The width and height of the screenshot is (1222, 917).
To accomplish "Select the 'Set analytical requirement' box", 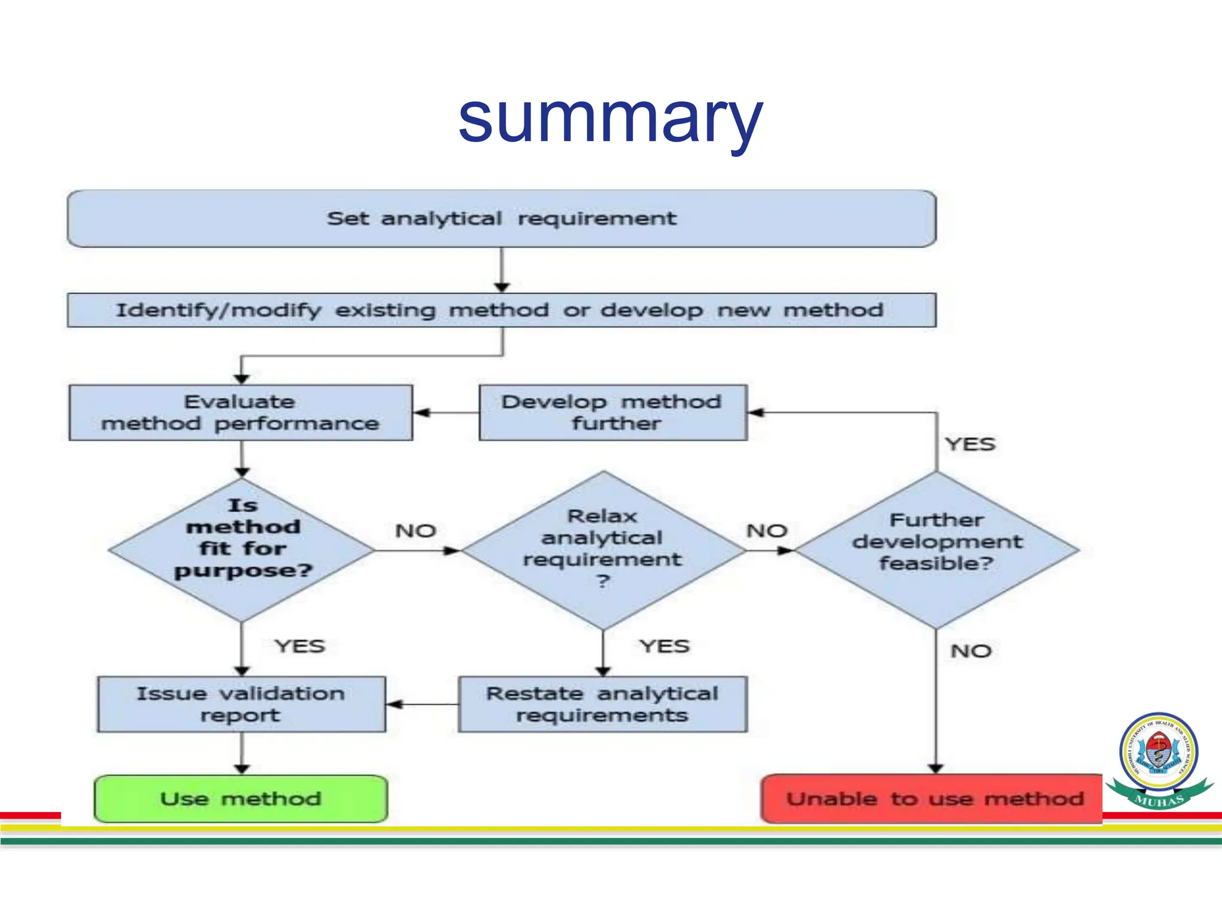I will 501,219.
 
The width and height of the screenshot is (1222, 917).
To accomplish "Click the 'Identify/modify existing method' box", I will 501,310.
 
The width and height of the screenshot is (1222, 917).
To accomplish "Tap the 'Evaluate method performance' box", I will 240,413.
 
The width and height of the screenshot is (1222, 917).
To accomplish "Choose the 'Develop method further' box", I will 613,413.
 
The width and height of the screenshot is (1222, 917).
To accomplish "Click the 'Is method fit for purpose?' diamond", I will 242,549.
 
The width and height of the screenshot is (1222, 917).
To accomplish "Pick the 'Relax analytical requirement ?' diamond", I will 603,550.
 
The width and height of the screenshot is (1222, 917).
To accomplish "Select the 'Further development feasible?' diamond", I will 936,550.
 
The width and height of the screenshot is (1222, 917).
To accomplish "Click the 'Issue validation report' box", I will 242,704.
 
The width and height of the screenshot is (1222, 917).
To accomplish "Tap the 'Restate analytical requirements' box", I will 603,704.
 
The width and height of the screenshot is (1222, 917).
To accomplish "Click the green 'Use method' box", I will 241,799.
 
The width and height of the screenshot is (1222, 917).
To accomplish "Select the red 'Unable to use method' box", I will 934,799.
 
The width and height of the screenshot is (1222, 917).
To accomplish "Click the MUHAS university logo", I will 1159,758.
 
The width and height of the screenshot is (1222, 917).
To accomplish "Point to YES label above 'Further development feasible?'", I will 970,444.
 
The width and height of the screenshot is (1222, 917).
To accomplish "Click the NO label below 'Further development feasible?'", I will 971,651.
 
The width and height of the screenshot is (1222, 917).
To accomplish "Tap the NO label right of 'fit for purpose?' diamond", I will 416,531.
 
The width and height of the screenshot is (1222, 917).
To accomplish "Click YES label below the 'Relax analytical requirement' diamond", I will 665,646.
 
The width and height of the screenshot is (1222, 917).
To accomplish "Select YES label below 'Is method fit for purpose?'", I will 300,646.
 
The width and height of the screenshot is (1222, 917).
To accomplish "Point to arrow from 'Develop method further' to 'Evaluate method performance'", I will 446,413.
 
